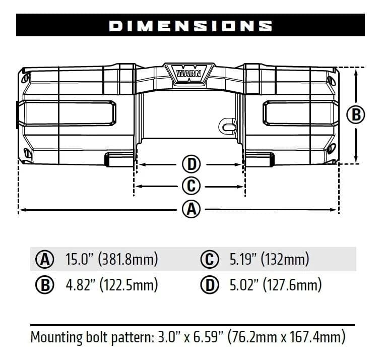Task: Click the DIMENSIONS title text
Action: coord(190,26)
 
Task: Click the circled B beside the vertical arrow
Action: coord(356,115)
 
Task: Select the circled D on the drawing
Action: coord(191,164)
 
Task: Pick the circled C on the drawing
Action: coord(191,186)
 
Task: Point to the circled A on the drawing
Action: coord(191,209)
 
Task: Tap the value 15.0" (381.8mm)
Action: coord(111,260)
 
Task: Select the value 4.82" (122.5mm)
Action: coord(111,285)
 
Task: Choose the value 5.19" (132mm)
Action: coord(269,260)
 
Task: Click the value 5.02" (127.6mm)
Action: coord(275,285)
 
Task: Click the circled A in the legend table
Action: coord(44,260)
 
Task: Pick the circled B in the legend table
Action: coord(44,285)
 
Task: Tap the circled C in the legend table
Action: coord(210,260)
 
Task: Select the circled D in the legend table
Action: coord(210,285)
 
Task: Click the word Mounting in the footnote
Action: coord(55,336)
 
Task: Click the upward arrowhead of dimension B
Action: coord(356,71)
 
